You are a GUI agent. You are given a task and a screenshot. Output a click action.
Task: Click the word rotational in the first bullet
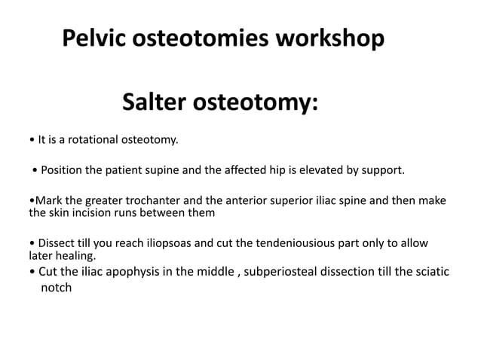coord(94,139)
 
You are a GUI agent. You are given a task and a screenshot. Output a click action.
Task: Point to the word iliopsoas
coord(156,243)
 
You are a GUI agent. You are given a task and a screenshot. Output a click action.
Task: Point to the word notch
coord(56,288)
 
